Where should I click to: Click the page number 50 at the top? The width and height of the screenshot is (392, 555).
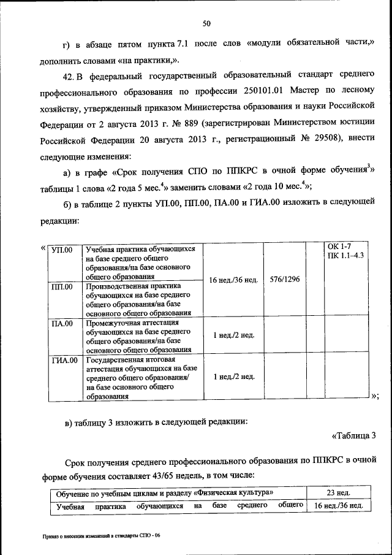(x=206, y=23)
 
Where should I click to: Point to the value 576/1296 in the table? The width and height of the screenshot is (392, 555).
(x=284, y=280)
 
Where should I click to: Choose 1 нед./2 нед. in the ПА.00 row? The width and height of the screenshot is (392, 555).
(x=233, y=335)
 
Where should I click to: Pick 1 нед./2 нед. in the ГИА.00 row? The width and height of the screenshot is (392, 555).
(x=233, y=377)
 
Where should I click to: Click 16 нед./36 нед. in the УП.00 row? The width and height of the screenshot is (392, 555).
(x=233, y=280)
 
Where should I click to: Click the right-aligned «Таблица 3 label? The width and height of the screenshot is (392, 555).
(x=353, y=436)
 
